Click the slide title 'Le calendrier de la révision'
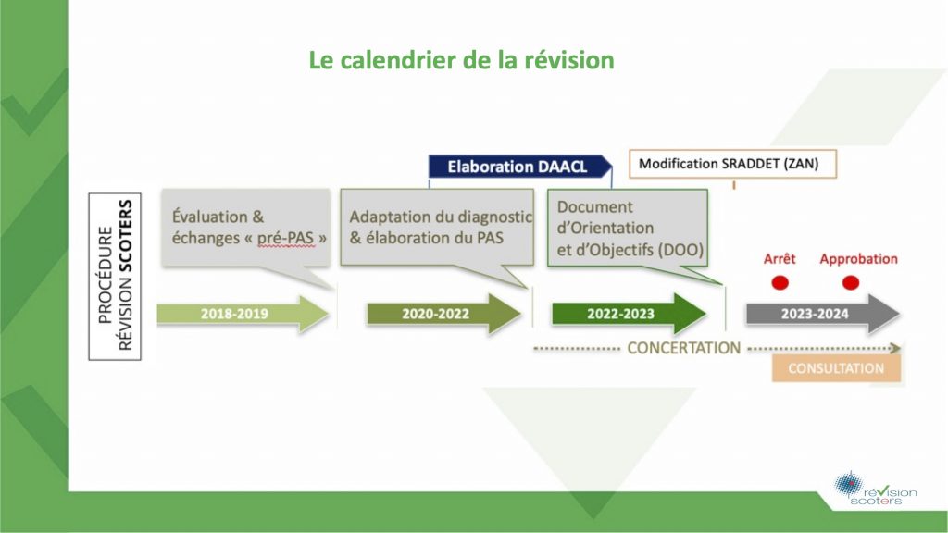(461, 60)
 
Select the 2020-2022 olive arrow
(444, 314)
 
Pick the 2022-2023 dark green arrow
(630, 314)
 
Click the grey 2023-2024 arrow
(823, 314)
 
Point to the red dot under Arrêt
(780, 282)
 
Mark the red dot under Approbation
(851, 282)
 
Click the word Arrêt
(780, 259)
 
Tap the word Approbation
(858, 259)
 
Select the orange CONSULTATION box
(836, 368)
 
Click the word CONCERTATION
(684, 348)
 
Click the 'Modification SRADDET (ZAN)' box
(733, 164)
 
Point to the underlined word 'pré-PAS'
(285, 238)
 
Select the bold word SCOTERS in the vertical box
(125, 236)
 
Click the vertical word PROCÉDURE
(106, 276)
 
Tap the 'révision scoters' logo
(876, 489)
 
